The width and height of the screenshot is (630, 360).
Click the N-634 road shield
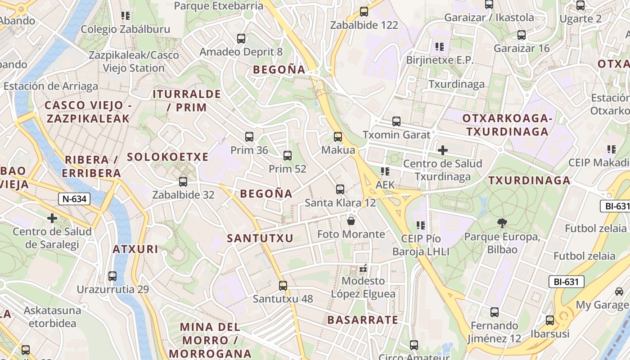tap(74, 198)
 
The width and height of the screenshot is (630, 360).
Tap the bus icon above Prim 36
tap(249, 137)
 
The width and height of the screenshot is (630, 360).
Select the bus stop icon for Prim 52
tap(288, 156)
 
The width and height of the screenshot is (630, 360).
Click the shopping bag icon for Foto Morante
tap(351, 221)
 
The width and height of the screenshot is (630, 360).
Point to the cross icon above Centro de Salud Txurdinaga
tap(443, 150)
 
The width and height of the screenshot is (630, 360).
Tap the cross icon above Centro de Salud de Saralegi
tap(52, 218)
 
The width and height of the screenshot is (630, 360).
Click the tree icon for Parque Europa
tap(502, 223)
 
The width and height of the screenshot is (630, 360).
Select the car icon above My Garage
tap(619, 291)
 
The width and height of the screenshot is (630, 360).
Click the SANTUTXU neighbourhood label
tap(260, 238)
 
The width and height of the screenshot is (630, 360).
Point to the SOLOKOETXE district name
tap(167, 157)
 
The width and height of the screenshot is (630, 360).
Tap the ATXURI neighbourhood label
tap(135, 249)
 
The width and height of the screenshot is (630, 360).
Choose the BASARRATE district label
tap(363, 320)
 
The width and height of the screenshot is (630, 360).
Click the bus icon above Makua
tap(338, 137)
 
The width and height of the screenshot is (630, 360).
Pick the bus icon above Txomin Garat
tap(396, 121)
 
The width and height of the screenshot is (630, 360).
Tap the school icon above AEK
tap(385, 171)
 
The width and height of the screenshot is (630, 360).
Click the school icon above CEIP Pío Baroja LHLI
tap(421, 225)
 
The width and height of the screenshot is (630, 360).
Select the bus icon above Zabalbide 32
tap(183, 182)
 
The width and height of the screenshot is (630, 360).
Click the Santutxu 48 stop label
tap(283, 299)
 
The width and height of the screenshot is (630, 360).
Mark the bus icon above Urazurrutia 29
tap(112, 276)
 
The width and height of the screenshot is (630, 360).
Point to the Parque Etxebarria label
tap(218, 6)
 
